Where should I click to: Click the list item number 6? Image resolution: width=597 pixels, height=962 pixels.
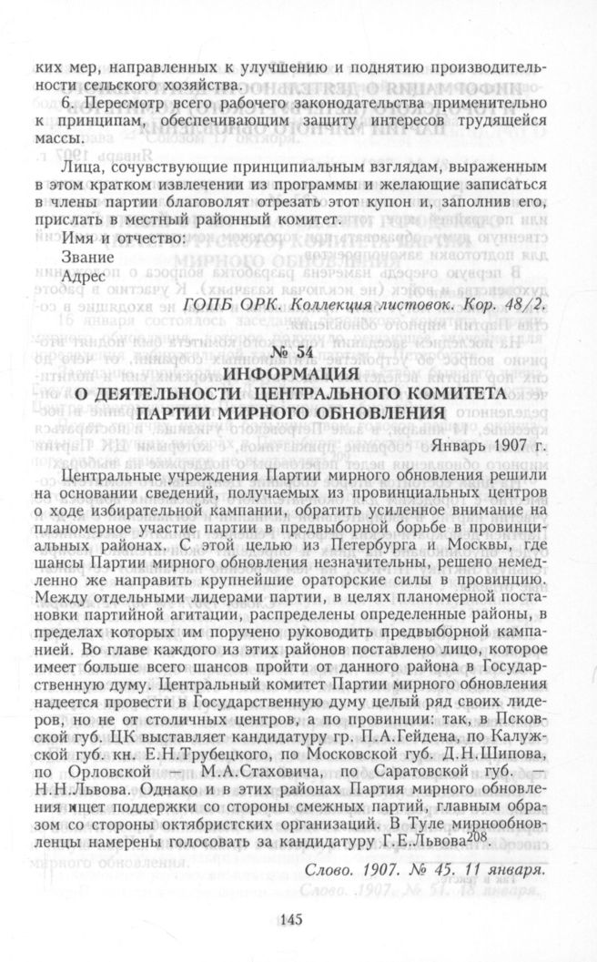pyautogui.click(x=67, y=104)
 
